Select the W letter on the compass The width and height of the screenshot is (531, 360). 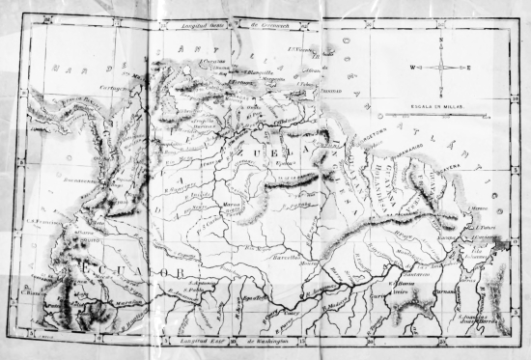413,68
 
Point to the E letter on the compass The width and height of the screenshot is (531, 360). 471,68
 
